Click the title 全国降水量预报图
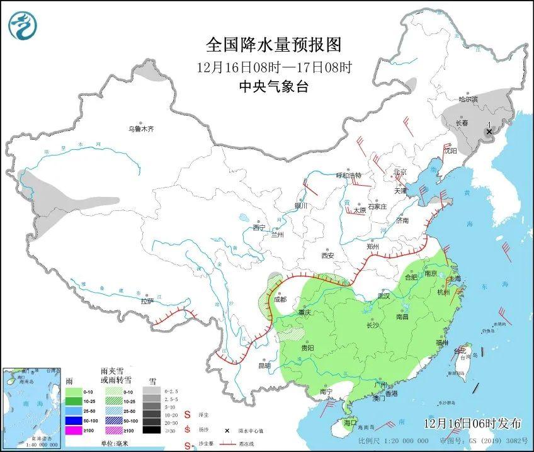click(273, 45)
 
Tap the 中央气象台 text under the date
click(273, 88)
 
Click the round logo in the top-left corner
click(23, 25)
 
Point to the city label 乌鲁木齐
click(141, 129)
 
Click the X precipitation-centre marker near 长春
click(489, 132)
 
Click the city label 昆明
click(264, 365)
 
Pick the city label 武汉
click(383, 295)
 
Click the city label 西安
click(327, 256)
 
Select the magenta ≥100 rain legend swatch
click(75, 431)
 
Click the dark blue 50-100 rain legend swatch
click(75, 420)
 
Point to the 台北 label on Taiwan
click(463, 350)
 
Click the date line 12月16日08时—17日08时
click(273, 67)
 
